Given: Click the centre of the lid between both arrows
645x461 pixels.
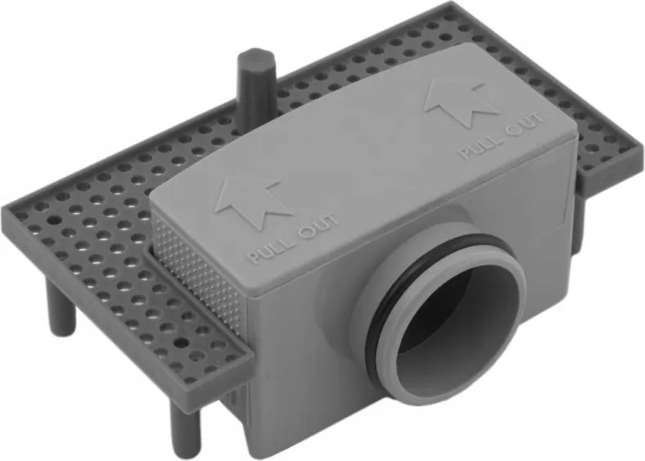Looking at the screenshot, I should click(360, 147).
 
